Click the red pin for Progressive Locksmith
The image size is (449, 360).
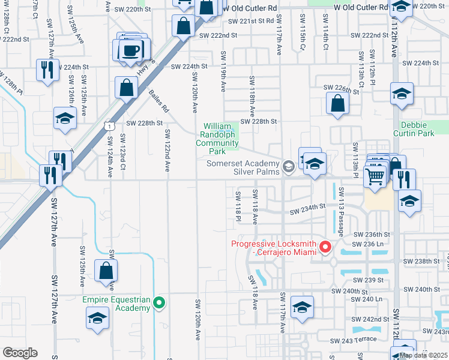pyautogui.click(x=326, y=247)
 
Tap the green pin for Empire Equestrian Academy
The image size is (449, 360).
pyautogui.click(x=159, y=302)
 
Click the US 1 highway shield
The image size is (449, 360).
pyautogui.click(x=108, y=125)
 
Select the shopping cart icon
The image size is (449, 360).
pyautogui.click(x=375, y=177)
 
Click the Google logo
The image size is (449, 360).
pyautogui.click(x=20, y=353)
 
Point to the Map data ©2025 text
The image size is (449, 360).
pyautogui.click(x=423, y=355)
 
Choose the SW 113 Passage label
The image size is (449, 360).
pyautogui.click(x=340, y=211)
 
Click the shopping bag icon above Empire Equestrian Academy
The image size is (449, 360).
pyautogui.click(x=106, y=271)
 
